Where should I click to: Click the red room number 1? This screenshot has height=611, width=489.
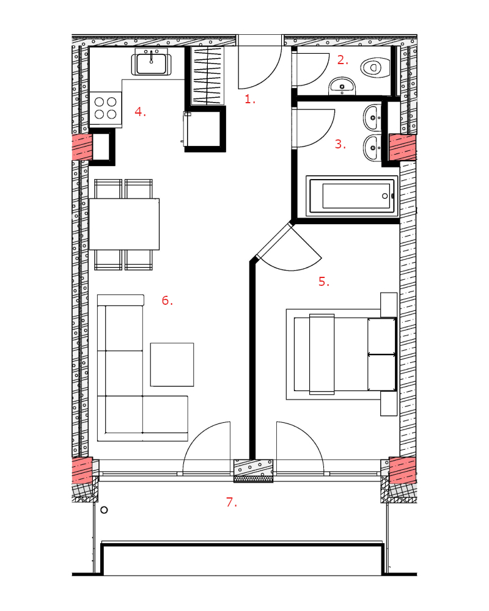[250, 99]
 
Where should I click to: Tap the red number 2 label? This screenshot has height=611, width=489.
[343, 60]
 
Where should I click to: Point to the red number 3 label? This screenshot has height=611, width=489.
[340, 144]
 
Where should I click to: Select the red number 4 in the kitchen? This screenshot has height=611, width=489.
[141, 112]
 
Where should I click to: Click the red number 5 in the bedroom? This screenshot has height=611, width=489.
[324, 281]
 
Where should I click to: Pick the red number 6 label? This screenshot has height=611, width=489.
[167, 301]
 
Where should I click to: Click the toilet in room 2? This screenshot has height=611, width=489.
[375, 67]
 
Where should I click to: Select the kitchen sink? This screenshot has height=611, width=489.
[152, 63]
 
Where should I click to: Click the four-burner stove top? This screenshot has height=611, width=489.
[106, 108]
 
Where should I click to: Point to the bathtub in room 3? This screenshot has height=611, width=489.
[351, 196]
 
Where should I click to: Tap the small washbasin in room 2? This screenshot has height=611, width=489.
[342, 86]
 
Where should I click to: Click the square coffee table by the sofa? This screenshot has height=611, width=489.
[172, 365]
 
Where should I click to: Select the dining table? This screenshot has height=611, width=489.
[124, 224]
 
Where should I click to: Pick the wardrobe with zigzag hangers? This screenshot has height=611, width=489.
[207, 76]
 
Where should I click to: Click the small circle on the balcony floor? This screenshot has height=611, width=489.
[104, 510]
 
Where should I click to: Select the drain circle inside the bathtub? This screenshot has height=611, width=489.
[385, 196]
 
